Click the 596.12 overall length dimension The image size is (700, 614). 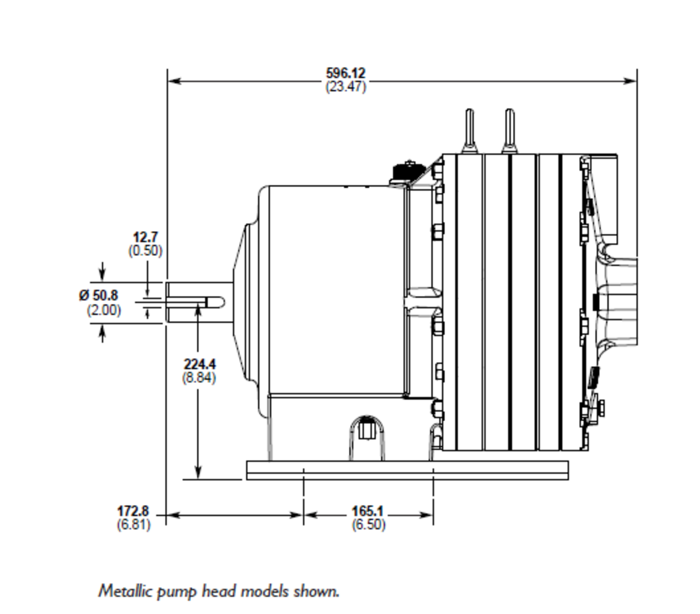click(x=345, y=73)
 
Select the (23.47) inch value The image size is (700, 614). click(x=345, y=87)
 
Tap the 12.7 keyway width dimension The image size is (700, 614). click(x=145, y=237)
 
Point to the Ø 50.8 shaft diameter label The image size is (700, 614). click(x=98, y=295)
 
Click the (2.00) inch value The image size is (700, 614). click(x=104, y=310)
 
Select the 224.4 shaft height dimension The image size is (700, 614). click(x=199, y=364)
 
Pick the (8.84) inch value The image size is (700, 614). click(x=199, y=377)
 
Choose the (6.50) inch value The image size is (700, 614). click(x=368, y=524)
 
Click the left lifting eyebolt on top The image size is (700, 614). click(x=469, y=131)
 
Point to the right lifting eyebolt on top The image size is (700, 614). click(x=509, y=131)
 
